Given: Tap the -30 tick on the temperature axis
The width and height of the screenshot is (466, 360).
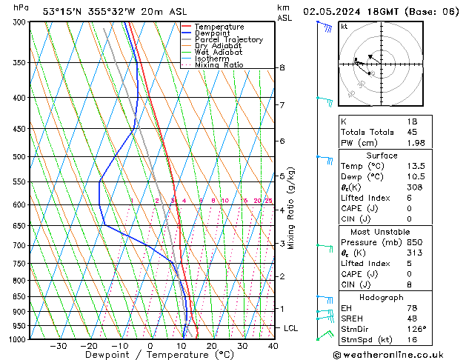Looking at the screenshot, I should point(58,346).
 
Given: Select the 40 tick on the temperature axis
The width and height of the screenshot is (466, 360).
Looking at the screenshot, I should point(273,346).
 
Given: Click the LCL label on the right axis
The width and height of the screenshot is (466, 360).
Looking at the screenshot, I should point(291,327).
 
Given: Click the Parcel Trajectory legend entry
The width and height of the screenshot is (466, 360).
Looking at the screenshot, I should point(228,40).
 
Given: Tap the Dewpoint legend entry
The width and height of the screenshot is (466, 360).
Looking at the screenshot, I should point(212,33).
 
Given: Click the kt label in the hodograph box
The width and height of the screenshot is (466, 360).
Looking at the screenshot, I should point(344,26).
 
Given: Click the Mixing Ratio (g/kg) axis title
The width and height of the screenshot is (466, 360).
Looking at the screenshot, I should point(291,207).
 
